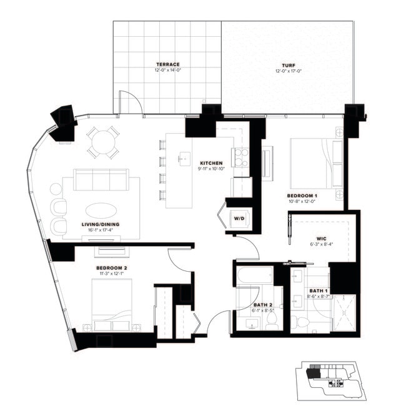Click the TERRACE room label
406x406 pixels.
pos(167,64)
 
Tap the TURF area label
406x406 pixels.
pos(288,65)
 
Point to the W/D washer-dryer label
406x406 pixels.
pos(239,219)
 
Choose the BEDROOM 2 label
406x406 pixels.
pos(112,268)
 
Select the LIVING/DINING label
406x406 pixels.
pos(101,224)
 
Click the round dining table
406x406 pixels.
pos(102,142)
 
